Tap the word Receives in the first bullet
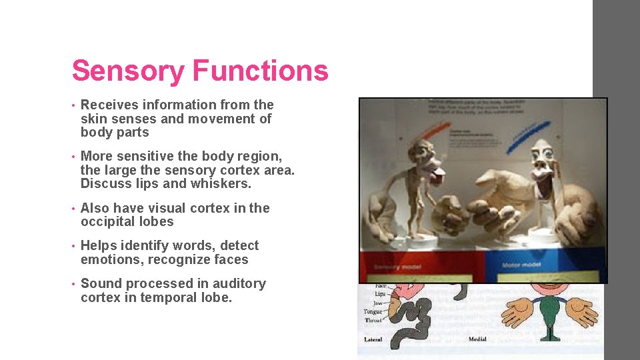(x=109, y=105)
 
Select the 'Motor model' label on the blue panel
(x=522, y=265)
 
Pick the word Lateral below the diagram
(x=373, y=339)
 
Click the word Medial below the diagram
(x=477, y=339)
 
